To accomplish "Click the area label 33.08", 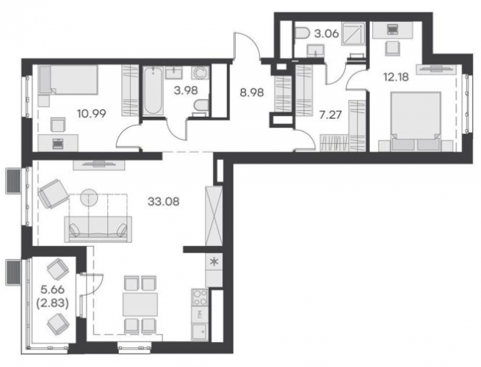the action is [x=163, y=202].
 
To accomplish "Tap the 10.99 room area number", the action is [x=92, y=114].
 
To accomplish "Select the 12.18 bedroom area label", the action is [x=396, y=77].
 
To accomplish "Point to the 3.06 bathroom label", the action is [x=326, y=33].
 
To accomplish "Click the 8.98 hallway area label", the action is [x=252, y=92].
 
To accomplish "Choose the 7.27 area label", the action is [x=330, y=115].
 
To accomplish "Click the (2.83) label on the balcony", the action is [x=52, y=303].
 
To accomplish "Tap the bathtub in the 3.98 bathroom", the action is [x=153, y=91].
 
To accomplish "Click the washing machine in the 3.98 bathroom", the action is [x=200, y=73].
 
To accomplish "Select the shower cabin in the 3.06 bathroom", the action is [x=354, y=34].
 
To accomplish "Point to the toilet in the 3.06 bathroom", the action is [x=303, y=32].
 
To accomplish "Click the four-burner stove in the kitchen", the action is [x=200, y=297].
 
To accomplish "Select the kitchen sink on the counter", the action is [x=200, y=332].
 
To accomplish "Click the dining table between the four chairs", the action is [x=140, y=305].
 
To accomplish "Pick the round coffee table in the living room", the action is [x=90, y=197].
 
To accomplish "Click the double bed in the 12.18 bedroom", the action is [x=416, y=121].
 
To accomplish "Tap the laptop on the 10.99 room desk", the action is [x=57, y=144].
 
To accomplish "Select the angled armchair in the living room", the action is [x=53, y=194].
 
